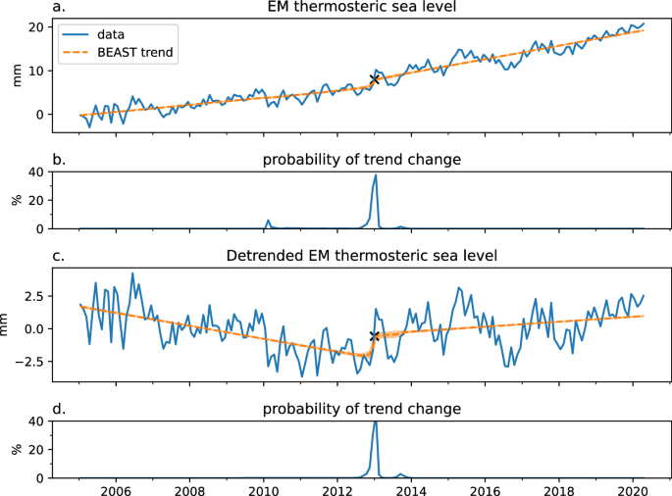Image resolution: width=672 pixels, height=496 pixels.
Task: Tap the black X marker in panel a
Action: coord(374,79)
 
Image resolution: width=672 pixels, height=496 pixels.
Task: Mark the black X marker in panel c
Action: coord(374,336)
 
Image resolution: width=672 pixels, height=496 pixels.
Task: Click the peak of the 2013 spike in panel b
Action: coord(376,175)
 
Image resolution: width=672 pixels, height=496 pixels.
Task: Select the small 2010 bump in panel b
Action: coord(267,221)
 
